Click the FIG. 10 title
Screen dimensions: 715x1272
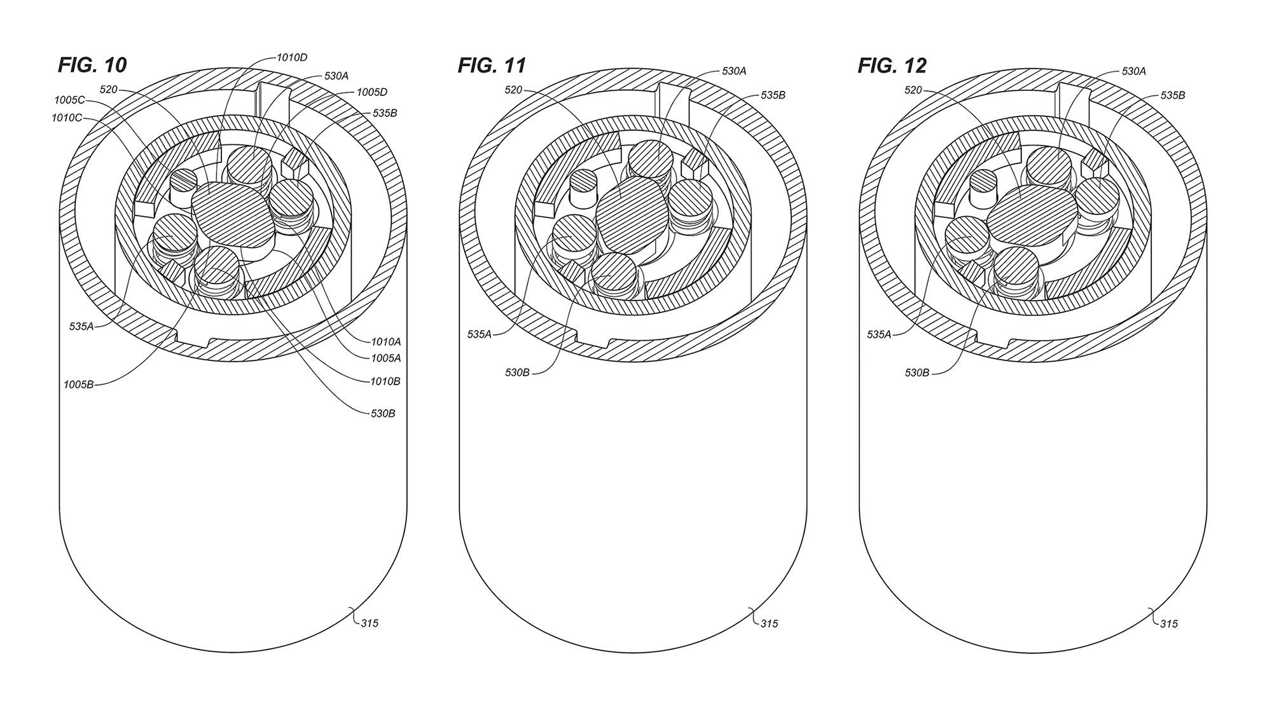coord(92,65)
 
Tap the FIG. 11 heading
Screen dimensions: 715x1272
coord(492,65)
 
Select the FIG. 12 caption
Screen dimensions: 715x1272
coord(892,65)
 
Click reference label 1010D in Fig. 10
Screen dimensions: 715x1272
coord(292,58)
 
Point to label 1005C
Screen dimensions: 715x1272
coord(70,100)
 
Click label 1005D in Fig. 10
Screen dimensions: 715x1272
coord(372,92)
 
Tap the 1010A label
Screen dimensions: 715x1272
coord(385,341)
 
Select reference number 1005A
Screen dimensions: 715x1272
coord(385,358)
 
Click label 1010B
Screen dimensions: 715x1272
coord(385,381)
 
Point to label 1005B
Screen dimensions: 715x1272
coord(79,385)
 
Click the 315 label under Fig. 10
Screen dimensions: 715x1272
coord(370,623)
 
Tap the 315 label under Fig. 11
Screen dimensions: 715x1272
coord(769,623)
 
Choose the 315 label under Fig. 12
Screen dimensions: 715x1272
coord(1168,624)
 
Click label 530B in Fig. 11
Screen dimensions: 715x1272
coord(517,372)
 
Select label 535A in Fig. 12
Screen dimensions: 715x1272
coord(879,334)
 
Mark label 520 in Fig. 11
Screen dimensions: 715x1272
coord(513,90)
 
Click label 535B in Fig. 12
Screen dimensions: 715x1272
coord(1173,96)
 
